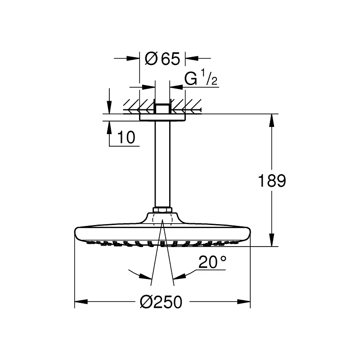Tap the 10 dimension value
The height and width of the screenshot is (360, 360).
(126, 138)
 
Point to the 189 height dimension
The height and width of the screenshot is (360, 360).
(272, 181)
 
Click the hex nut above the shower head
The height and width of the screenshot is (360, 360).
(162, 210)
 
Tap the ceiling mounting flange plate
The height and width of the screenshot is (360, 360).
(162, 117)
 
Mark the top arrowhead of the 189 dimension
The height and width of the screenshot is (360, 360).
(272, 120)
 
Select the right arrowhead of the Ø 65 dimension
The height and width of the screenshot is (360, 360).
(191, 58)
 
